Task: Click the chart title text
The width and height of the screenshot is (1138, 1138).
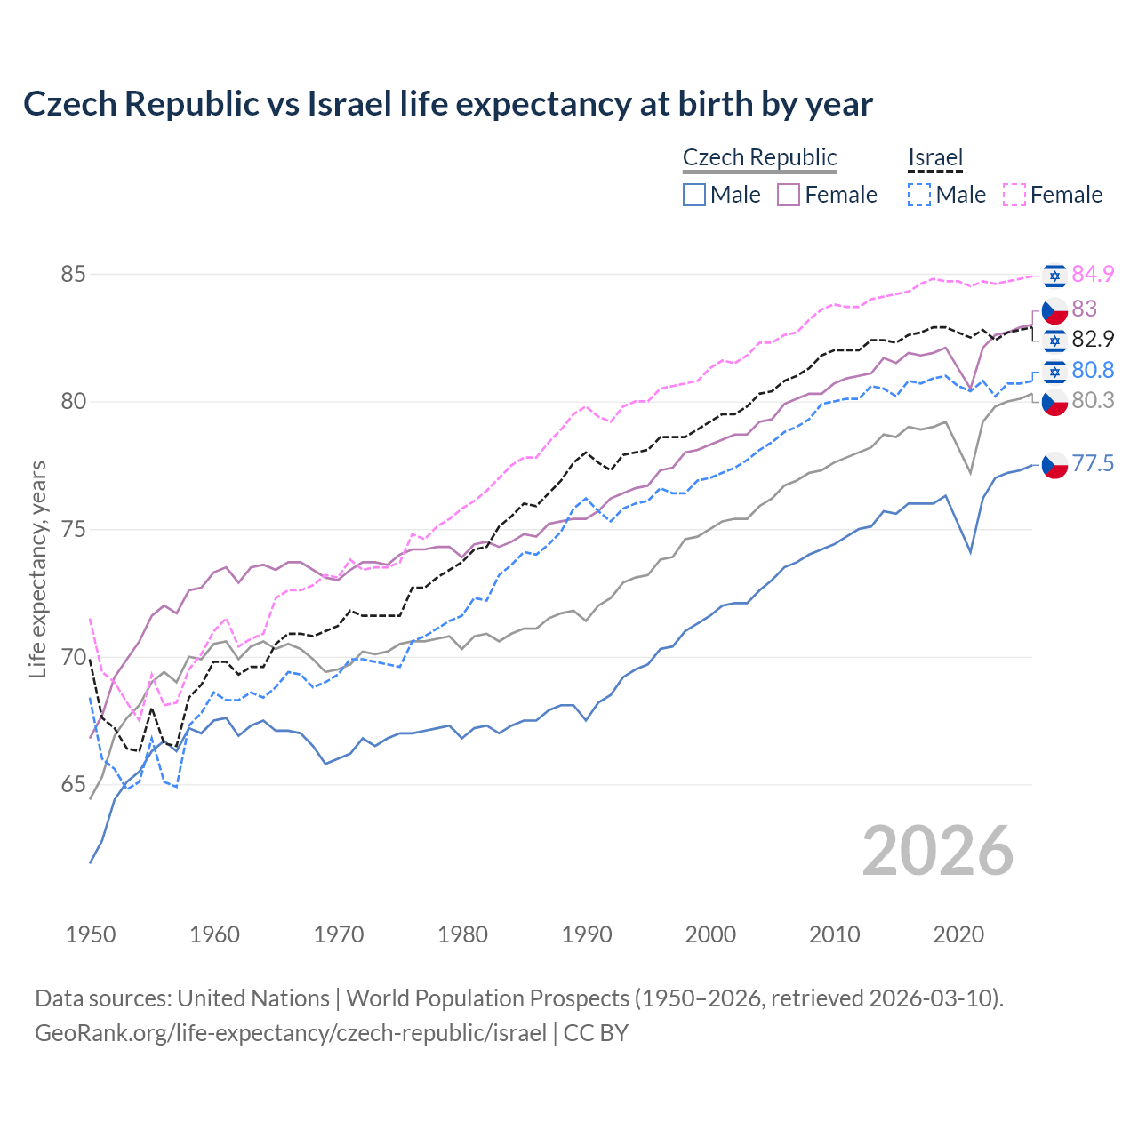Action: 447,104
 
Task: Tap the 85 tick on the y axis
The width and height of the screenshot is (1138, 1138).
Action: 73,274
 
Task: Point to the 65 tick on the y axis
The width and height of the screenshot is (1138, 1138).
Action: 73,785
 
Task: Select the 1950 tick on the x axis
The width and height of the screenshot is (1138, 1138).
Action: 91,934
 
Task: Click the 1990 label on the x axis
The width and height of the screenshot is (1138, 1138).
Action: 587,934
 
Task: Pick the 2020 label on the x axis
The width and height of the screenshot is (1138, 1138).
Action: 958,934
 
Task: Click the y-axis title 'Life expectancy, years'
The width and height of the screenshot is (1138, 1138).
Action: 38,569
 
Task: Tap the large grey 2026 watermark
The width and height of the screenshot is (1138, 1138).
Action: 937,851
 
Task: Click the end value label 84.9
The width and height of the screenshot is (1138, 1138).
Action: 1093,275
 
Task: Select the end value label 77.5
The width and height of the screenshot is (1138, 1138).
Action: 1093,464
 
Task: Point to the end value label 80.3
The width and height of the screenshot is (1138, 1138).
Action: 1093,401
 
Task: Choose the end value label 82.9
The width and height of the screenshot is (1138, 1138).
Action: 1093,340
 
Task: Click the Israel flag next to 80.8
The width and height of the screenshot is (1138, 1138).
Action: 1054,371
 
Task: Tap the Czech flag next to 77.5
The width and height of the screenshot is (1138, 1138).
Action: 1054,464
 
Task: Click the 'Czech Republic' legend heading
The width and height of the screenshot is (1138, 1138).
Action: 759,157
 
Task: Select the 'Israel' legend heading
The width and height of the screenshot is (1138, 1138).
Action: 935,157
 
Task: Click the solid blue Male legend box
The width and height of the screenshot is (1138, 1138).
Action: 694,195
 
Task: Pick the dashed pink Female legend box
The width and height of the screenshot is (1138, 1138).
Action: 1014,195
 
